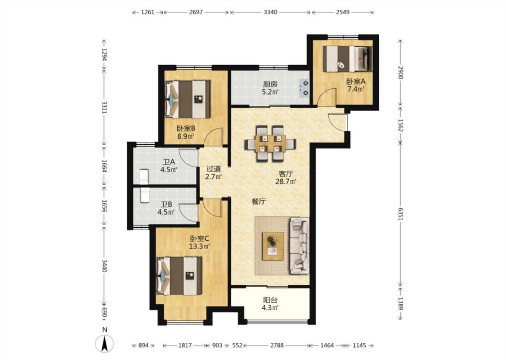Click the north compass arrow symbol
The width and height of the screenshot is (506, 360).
[104, 343]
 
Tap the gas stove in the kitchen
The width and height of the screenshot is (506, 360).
[304, 89]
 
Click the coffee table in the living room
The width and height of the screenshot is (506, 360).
[273, 246]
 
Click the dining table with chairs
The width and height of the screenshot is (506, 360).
[270, 144]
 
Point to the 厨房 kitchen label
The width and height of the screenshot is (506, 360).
[270, 85]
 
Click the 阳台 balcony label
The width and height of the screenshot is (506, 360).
[270, 300]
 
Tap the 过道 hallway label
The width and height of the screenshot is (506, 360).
[214, 169]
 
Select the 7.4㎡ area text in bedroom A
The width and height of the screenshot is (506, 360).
[356, 89]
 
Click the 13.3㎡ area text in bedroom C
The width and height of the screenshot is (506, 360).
[199, 246]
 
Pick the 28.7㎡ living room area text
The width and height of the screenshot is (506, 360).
[286, 181]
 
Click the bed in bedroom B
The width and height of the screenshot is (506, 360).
[188, 99]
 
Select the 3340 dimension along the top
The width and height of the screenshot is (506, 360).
[270, 12]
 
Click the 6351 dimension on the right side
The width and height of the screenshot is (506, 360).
[400, 214]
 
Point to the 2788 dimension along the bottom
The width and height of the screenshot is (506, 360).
[277, 346]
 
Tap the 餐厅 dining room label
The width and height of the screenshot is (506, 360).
[259, 202]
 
